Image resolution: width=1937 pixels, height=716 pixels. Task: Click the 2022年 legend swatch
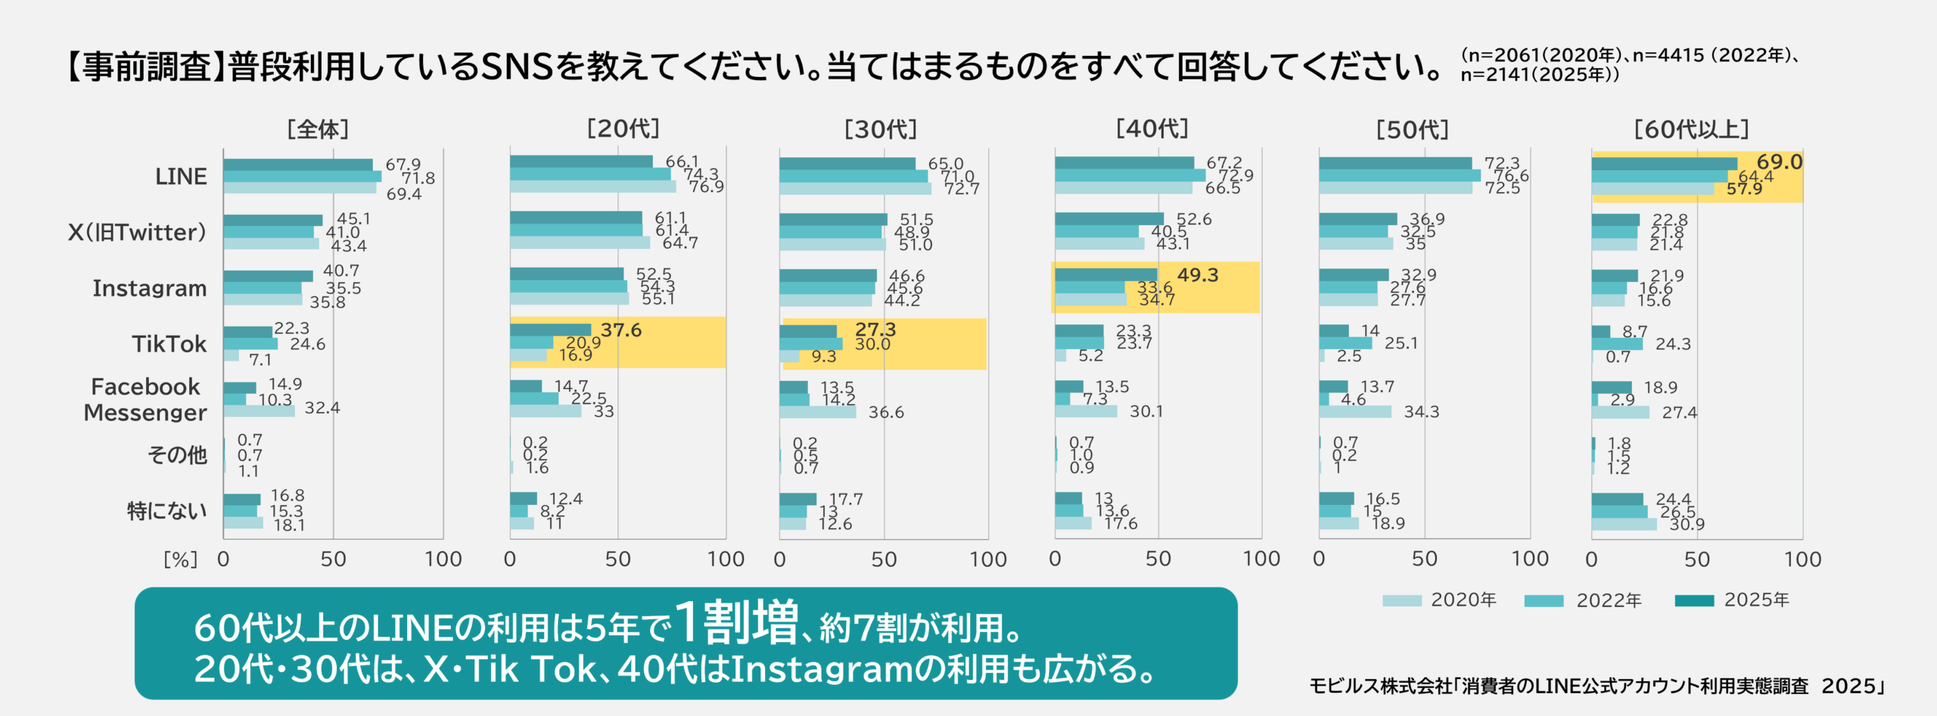[1544, 601]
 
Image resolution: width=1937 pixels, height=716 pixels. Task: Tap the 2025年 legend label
[1756, 600]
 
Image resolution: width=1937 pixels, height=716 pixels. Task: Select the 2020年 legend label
[1463, 600]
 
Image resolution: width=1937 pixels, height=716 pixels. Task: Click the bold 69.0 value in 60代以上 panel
[1779, 162]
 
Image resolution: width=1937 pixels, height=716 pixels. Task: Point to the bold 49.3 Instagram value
[1197, 275]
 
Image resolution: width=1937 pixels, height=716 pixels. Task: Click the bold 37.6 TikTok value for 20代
[620, 330]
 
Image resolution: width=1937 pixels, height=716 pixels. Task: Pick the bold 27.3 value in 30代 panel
[875, 330]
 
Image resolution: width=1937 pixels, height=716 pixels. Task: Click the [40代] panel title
[1152, 129]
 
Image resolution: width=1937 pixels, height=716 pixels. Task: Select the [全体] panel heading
[318, 129]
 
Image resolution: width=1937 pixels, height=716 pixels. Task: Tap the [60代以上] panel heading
[1691, 129]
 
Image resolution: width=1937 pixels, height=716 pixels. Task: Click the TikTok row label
[169, 344]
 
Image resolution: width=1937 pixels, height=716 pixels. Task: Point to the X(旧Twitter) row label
[137, 232]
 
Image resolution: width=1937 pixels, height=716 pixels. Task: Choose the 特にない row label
[166, 511]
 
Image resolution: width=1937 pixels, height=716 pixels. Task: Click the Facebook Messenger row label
[145, 399]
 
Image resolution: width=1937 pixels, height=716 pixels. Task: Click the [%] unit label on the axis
[180, 559]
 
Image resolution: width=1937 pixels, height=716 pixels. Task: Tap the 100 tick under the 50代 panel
[1529, 559]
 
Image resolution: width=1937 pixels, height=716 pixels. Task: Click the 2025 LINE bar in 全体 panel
[297, 165]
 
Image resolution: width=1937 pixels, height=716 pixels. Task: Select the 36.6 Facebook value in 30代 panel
[885, 413]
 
